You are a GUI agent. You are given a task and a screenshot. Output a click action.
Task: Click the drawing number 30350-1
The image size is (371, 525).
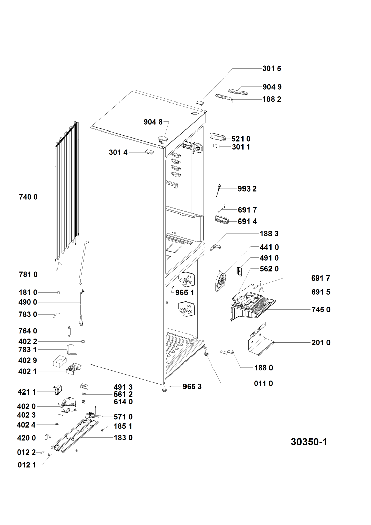tap(309, 442)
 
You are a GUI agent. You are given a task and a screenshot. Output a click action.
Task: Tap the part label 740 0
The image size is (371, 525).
tap(28, 197)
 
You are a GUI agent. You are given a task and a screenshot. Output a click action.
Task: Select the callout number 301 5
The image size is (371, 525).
tap(272, 68)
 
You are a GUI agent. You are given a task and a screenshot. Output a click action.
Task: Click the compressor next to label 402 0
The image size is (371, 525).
tap(66, 404)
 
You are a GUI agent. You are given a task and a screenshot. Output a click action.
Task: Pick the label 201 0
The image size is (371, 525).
tap(321, 343)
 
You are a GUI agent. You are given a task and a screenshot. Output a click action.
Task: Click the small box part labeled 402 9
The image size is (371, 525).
tap(59, 360)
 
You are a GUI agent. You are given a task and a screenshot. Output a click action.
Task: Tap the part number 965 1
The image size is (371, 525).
tap(185, 292)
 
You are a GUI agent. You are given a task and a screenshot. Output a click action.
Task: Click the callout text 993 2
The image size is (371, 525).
tap(247, 189)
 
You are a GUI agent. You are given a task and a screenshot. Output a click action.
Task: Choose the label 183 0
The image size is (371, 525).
tap(123, 438)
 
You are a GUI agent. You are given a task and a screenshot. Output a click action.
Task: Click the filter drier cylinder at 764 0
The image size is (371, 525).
tap(69, 331)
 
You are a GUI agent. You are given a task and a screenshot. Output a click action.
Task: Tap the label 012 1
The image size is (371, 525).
tap(27, 465)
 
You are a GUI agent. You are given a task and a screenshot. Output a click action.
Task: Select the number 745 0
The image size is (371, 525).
tap(321, 310)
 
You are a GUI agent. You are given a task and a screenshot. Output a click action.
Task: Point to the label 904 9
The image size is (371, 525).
tap(272, 87)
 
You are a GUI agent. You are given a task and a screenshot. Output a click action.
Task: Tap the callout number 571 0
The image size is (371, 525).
tap(123, 417)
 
